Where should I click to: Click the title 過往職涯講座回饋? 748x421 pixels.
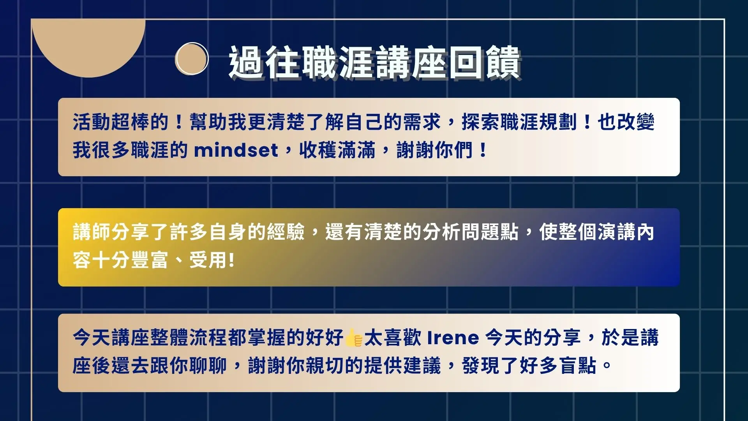tap(375, 62)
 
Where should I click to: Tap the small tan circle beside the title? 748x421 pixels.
tap(192, 58)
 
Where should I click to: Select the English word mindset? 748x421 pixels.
tap(236, 150)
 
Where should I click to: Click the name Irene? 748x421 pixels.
tap(453, 338)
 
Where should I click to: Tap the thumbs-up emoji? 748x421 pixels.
tap(353, 338)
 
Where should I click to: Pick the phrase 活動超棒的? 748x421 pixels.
tap(121, 122)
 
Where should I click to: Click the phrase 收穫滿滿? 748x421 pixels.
tap(337, 150)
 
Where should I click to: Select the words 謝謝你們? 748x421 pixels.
tap(435, 150)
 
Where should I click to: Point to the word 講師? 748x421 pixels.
tap(92, 232)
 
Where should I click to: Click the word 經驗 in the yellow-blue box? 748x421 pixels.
tap(286, 232)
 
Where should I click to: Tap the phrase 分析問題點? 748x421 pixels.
tap(471, 232)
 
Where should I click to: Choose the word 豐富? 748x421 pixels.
tap(150, 260)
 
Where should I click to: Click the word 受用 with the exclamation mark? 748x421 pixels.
tap(212, 260)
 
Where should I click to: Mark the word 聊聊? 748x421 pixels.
tap(208, 366)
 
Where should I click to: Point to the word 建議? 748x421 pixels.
tap(422, 366)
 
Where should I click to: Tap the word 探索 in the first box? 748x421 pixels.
tap(481, 122)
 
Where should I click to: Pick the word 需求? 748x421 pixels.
tap(422, 122)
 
